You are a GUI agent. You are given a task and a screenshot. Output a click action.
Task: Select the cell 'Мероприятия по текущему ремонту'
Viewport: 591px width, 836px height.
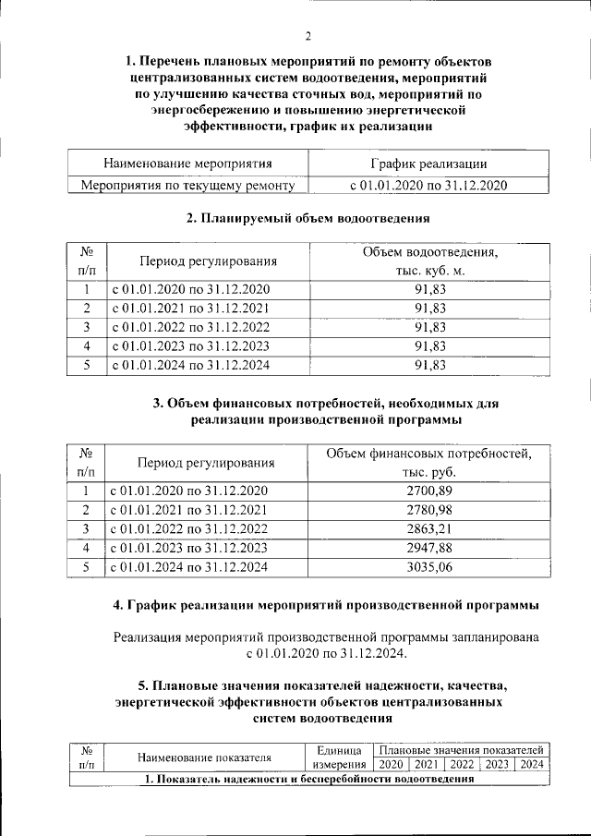[187, 186]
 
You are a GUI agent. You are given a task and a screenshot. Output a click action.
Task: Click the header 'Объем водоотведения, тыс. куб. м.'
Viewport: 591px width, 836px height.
[430, 261]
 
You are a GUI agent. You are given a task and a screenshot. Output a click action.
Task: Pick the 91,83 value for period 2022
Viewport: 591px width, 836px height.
[430, 327]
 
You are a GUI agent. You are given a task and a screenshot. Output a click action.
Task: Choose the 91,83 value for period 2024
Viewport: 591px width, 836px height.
[430, 366]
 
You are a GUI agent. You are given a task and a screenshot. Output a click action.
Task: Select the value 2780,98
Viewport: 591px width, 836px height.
[430, 510]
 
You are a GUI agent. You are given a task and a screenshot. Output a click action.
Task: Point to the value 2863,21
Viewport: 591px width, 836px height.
[430, 529]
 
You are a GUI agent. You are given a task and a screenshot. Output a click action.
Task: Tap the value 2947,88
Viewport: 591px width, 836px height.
[430, 549]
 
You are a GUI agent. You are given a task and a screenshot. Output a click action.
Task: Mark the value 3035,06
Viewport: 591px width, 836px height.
[430, 568]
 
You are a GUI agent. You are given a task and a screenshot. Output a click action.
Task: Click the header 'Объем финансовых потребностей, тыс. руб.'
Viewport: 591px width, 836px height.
[430, 462]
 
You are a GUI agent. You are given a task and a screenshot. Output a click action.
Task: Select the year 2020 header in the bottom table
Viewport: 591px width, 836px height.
[392, 765]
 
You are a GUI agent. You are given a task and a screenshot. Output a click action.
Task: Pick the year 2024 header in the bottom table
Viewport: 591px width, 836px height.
[532, 765]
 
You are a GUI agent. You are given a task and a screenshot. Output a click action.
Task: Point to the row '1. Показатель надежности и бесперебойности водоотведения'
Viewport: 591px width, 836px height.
[308, 780]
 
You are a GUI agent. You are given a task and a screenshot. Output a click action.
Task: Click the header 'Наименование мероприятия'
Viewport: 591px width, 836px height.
[187, 164]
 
